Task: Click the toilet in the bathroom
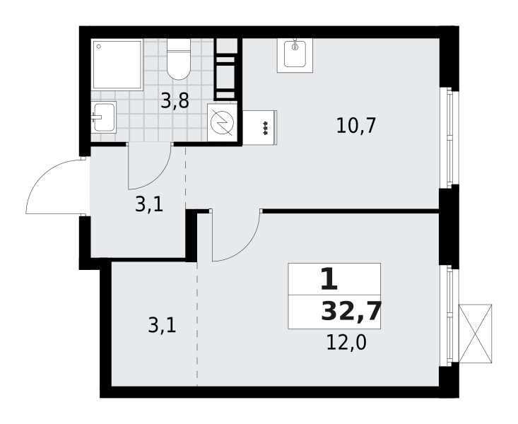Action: [x=179, y=59]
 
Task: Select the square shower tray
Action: [x=117, y=64]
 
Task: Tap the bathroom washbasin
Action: [x=103, y=117]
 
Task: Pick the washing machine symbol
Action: [x=223, y=122]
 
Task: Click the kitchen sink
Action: [x=295, y=55]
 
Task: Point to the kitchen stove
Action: [x=259, y=128]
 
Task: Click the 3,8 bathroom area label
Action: [x=175, y=101]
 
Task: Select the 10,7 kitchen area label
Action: [x=355, y=126]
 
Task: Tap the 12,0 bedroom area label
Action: [x=346, y=343]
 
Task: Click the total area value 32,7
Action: [x=351, y=312]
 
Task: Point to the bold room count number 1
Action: [x=329, y=280]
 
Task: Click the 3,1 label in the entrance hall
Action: [x=149, y=205]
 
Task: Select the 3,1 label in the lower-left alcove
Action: [x=163, y=326]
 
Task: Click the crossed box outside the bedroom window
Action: [x=476, y=334]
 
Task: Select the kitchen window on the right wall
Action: [x=449, y=138]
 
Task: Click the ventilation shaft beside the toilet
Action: [x=226, y=69]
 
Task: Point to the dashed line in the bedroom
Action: [x=197, y=323]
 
